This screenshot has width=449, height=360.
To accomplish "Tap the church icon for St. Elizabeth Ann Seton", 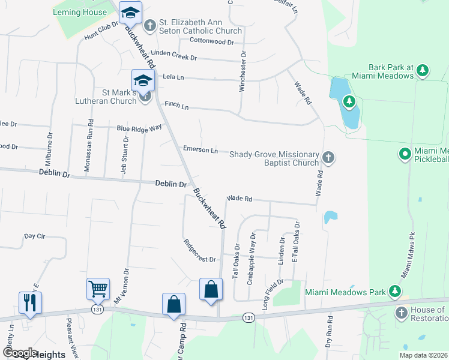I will (149, 25).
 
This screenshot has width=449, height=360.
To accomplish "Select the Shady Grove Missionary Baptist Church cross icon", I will (328, 158).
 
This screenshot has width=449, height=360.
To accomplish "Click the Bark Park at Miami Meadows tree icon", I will (423, 71).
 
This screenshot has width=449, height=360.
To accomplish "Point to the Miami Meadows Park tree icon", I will (395, 292).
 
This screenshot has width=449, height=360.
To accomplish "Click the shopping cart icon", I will (98, 289).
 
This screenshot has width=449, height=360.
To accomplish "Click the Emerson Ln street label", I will (200, 150).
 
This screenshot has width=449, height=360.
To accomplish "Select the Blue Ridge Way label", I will (139, 128).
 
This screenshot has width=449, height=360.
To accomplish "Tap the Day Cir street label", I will (35, 236).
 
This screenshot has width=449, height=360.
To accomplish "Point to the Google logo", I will (19, 353).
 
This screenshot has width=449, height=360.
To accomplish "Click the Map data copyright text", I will (423, 355).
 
